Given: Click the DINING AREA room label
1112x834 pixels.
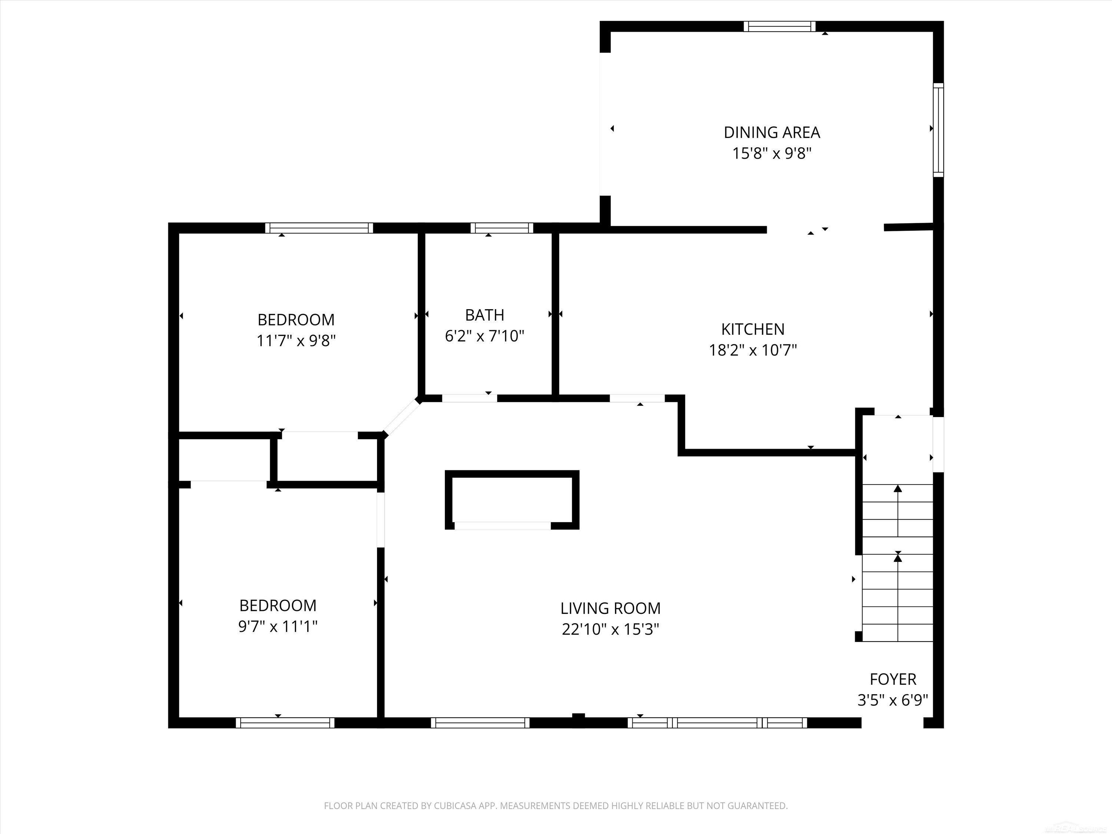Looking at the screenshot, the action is [772, 132].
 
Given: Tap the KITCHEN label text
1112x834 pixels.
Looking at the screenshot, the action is [752, 329].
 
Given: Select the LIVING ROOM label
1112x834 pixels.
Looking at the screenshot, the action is [610, 608].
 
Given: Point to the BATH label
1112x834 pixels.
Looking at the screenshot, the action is [484, 315].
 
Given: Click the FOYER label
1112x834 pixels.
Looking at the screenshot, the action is [893, 679].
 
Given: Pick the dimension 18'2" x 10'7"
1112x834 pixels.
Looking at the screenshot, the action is [752, 350].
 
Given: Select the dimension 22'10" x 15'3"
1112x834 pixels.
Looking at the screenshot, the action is [610, 629].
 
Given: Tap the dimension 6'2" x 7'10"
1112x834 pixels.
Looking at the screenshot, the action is [484, 336].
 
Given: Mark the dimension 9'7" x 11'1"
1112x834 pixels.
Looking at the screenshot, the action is [278, 626].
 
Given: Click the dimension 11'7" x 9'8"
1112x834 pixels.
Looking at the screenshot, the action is [296, 341].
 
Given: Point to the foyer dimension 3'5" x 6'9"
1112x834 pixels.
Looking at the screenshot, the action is [893, 700].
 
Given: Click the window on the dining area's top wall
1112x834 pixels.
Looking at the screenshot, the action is [780, 27].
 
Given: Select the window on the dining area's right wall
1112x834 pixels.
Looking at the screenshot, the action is [939, 130].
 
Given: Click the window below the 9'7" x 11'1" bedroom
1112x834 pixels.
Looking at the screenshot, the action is [285, 723].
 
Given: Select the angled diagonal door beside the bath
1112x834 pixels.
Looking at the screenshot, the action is [401, 416].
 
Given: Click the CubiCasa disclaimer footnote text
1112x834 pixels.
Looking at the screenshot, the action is [556, 806].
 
